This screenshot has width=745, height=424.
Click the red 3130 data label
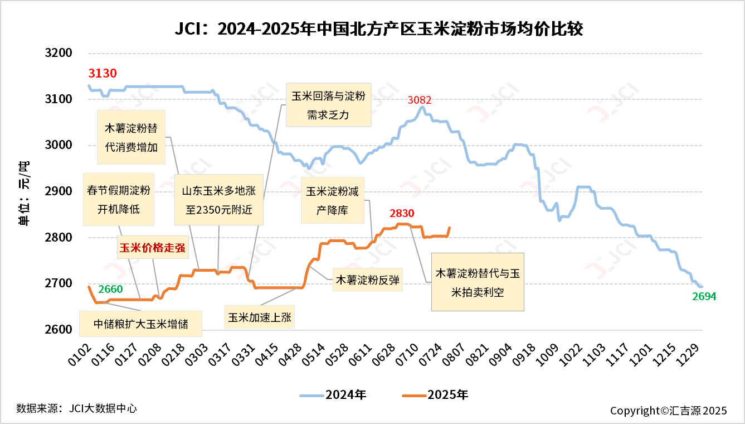pos(103,73)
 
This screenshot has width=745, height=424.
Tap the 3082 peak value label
pos(420,100)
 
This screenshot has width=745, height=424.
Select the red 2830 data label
pos(402,213)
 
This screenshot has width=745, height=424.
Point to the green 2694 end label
pos(704,297)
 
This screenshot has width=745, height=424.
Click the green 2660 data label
pos(110,289)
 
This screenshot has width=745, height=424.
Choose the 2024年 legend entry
pos(333,395)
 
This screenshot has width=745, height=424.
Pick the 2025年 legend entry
pos(435,395)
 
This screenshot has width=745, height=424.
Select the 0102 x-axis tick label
pos(82,355)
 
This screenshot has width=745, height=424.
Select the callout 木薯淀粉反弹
pos(368,280)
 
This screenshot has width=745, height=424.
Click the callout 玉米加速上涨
pos(260,317)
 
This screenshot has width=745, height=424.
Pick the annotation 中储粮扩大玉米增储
pos(140,324)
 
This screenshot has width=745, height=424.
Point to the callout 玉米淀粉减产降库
pos(332,200)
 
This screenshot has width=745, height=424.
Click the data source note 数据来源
pos(76,408)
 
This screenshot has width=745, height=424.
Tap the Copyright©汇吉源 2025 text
pos(668,411)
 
